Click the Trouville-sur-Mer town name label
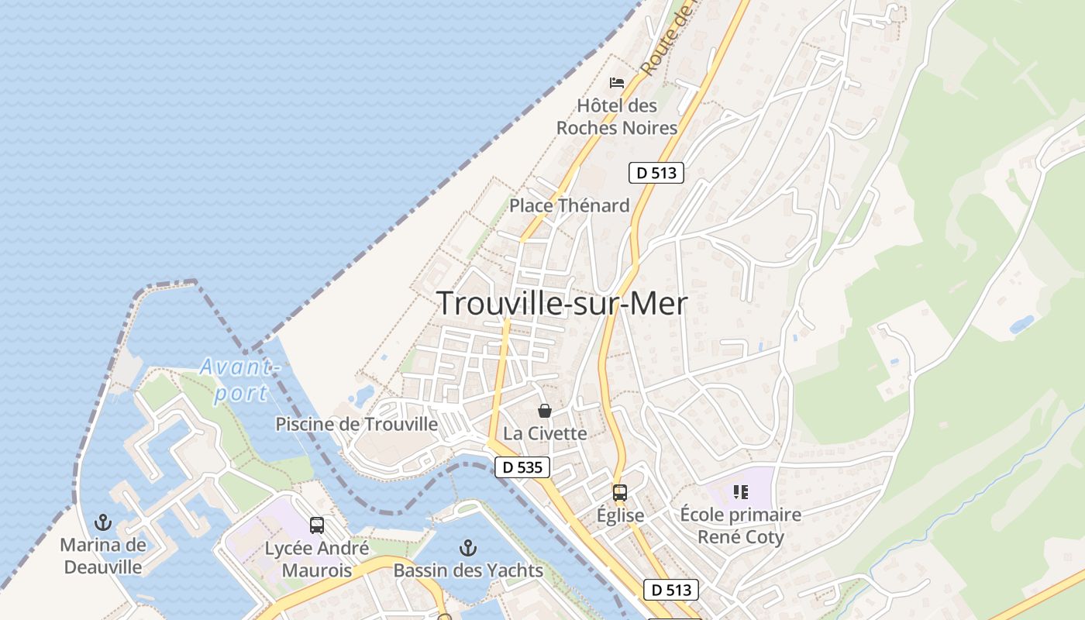point(562,304)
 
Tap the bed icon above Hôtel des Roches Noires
point(617,83)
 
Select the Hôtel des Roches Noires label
point(617,117)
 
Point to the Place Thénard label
point(569,205)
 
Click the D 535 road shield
point(522,467)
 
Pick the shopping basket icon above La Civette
point(545,411)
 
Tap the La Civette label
point(545,433)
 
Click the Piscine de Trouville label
point(356,425)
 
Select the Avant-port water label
point(239,380)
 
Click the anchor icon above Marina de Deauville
point(102,522)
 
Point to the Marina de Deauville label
point(103,556)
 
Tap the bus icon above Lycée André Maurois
point(317,525)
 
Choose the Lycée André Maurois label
point(317,560)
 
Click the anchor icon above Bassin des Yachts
point(468,549)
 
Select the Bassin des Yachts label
point(468,571)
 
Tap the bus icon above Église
point(620,492)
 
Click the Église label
point(620,515)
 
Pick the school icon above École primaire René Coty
point(740,491)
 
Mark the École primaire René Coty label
point(740,525)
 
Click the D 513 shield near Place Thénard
point(656,173)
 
